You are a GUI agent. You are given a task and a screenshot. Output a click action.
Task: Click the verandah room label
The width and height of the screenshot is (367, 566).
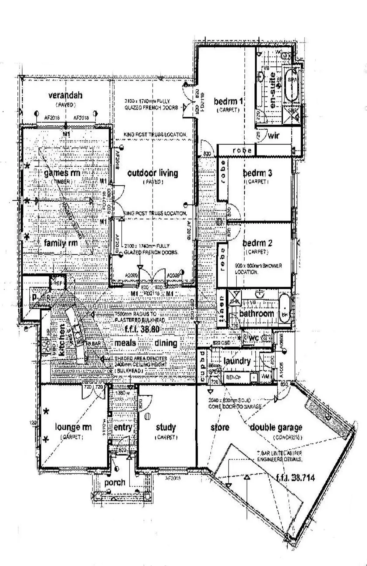[65, 95]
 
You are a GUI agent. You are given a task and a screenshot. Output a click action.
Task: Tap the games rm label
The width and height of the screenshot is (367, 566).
[62, 173]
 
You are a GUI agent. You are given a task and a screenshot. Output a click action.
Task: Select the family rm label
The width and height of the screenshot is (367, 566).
[61, 243]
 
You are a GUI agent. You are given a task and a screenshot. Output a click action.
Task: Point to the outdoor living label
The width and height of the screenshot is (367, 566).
[153, 173]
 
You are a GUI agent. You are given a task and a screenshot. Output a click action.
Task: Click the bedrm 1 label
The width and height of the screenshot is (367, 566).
[228, 101]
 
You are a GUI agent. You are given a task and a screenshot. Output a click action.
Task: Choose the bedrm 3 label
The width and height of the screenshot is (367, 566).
[258, 173]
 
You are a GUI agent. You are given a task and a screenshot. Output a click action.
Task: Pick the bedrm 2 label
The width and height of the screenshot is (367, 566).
[257, 243]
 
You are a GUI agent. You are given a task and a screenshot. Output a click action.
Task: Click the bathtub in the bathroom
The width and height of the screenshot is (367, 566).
[285, 308]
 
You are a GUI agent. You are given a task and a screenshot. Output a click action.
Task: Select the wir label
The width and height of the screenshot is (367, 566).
[273, 136]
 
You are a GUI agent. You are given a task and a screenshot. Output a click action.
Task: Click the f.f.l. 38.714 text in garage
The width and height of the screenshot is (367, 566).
[295, 478]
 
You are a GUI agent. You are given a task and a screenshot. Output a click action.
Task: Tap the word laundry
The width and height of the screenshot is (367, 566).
[237, 361]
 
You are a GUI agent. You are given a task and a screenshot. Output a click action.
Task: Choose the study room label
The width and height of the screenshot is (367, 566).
[166, 427]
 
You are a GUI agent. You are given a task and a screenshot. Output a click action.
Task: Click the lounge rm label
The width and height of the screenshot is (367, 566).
[73, 427]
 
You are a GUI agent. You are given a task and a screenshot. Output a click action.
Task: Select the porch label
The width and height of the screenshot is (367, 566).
[115, 483]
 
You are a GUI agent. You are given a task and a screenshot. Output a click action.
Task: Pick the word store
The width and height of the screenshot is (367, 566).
[220, 427]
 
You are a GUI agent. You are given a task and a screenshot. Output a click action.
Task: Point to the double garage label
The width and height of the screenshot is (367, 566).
[276, 427]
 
